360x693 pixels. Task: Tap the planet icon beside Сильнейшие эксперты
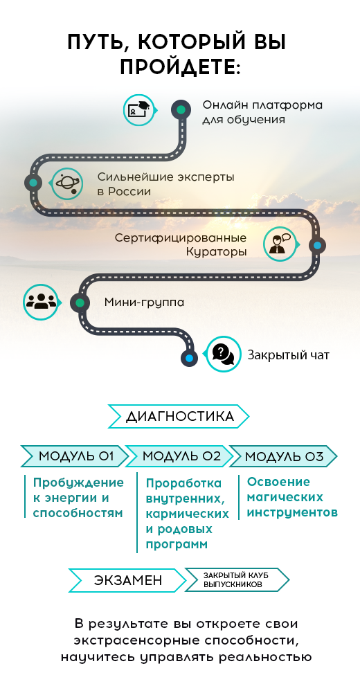pyautogui.click(x=67, y=183)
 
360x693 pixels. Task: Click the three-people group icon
pyautogui.click(x=41, y=301)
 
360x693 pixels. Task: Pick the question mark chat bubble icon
pyautogui.click(x=223, y=354)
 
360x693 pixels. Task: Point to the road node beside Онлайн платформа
pyautogui.click(x=181, y=109)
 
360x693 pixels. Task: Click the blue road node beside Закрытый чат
pyautogui.click(x=190, y=357)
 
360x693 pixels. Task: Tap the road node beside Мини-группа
pyautogui.click(x=80, y=303)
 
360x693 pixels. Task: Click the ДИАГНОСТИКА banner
pyautogui.click(x=179, y=416)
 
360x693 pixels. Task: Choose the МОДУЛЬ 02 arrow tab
pyautogui.click(x=179, y=456)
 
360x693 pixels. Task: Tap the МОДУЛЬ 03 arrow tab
pyautogui.click(x=283, y=456)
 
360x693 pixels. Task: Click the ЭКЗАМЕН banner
pyautogui.click(x=127, y=580)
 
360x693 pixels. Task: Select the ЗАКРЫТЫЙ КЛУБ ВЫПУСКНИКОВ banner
pyautogui.click(x=237, y=579)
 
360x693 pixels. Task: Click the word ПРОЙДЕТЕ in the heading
pyautogui.click(x=181, y=68)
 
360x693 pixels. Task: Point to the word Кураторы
pyautogui.click(x=216, y=252)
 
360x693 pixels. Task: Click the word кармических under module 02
pyautogui.click(x=188, y=514)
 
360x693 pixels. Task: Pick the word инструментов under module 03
pyautogui.click(x=292, y=513)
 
